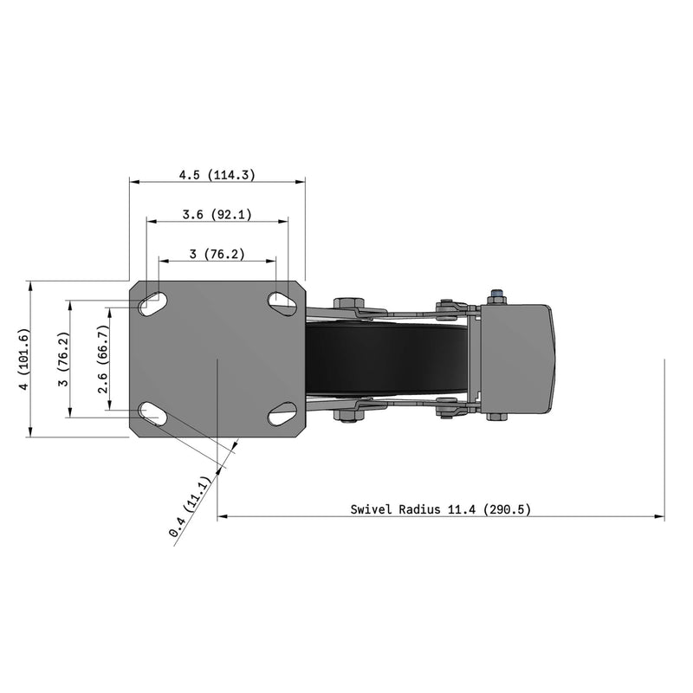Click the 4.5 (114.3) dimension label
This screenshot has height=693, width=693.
tap(217, 175)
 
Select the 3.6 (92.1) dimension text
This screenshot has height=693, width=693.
tap(217, 215)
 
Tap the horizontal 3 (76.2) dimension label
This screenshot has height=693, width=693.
tap(217, 254)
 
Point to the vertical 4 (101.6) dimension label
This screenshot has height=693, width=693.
tap(24, 359)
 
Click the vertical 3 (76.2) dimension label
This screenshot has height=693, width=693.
tap(63, 359)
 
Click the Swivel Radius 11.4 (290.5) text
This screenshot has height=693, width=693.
tap(440, 509)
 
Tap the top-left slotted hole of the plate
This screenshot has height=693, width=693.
tap(153, 303)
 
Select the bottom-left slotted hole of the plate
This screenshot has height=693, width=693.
tap(153, 413)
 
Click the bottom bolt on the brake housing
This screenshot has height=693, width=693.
tap(496, 417)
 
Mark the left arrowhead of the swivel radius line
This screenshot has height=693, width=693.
tap(222, 517)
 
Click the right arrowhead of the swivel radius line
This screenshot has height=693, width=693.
tap(660, 517)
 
